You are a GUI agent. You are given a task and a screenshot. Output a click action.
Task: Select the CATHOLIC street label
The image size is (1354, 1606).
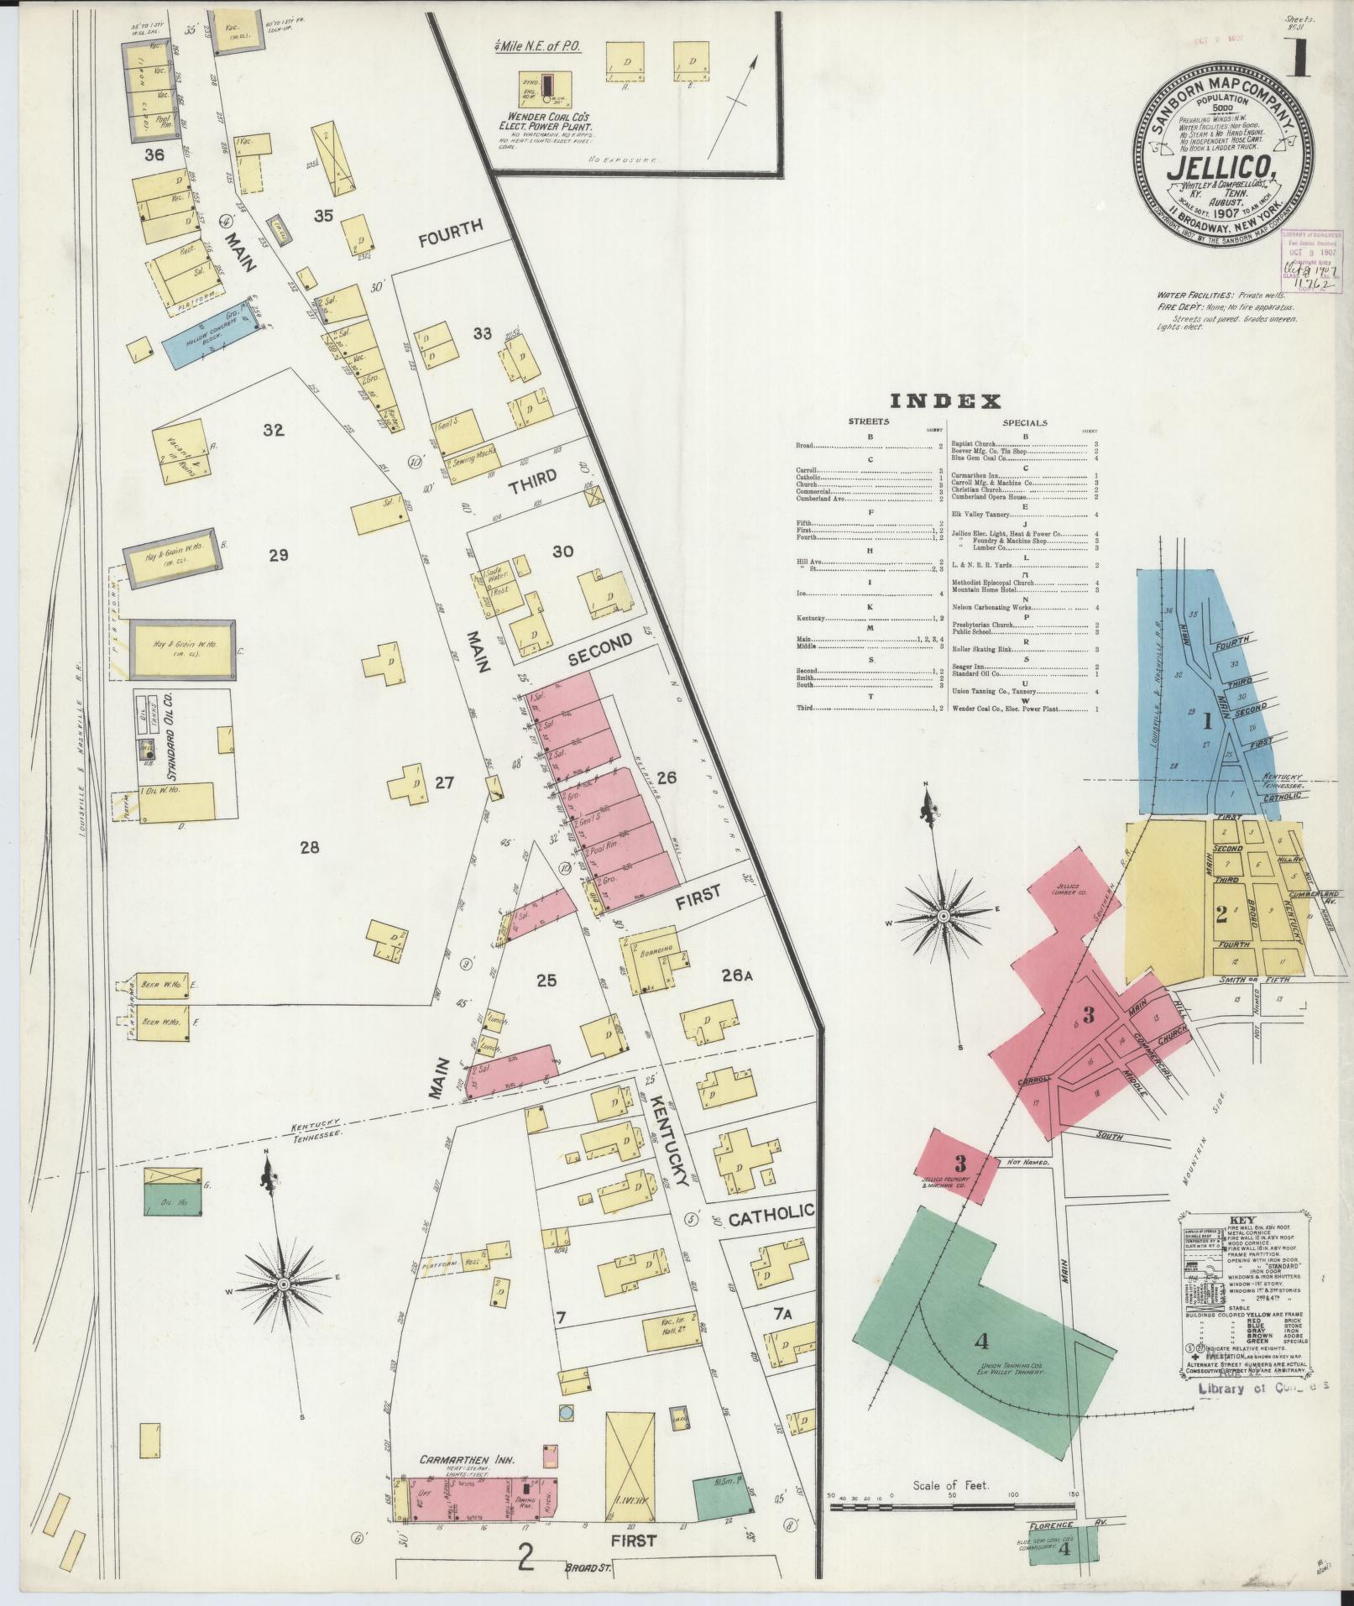[771, 1211]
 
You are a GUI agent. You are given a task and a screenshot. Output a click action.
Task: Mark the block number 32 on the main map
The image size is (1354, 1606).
[274, 431]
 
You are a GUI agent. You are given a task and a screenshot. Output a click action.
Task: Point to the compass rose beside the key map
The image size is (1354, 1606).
[942, 914]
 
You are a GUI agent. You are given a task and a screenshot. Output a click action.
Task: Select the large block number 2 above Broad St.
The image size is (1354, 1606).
[525, 1558]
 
